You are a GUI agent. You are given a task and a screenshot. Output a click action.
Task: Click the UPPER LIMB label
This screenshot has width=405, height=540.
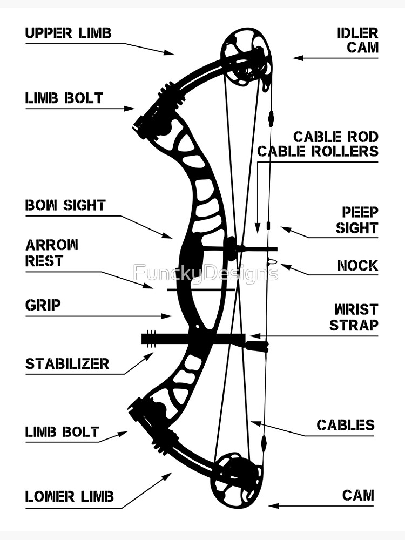[x=68, y=33]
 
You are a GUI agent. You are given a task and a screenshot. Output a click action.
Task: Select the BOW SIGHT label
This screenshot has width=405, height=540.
[x=65, y=205]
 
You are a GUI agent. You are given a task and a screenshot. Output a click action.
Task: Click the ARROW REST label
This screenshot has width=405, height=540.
[x=52, y=253]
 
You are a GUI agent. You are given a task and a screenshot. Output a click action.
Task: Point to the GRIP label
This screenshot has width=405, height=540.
[x=43, y=305]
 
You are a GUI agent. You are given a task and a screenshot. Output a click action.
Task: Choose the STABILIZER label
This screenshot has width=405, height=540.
[x=67, y=363]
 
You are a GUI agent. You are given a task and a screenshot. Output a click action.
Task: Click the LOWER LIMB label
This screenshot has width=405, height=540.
[x=70, y=496]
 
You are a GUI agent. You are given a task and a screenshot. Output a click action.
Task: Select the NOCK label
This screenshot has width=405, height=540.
[x=357, y=266]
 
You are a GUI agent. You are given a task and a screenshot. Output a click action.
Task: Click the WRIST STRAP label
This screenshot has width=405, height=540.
[x=354, y=317]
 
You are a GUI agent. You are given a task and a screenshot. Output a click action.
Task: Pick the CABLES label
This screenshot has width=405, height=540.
[x=345, y=425]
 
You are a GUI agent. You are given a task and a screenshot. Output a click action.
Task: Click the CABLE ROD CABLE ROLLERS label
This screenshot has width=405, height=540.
[x=318, y=144]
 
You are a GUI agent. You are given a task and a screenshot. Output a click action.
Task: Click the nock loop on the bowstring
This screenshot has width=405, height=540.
[x=272, y=262]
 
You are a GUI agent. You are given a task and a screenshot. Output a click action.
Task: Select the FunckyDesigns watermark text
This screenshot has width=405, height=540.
[x=206, y=272]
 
